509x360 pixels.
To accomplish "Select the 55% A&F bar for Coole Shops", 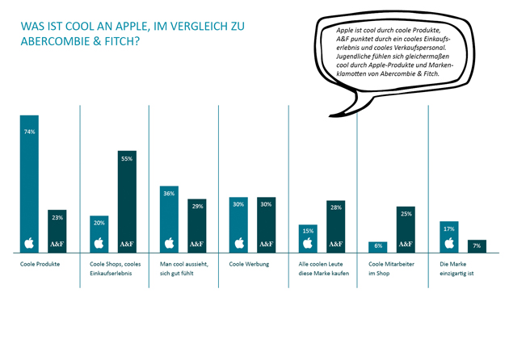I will point(126,202).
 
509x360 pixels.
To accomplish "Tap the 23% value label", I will point(57,217).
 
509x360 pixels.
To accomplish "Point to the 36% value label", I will point(169,194).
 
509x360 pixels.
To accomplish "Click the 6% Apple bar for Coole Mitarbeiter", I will point(377,246).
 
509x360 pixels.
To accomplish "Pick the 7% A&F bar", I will point(476,245).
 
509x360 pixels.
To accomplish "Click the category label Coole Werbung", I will point(250,264).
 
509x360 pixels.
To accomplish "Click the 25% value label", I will point(406,214).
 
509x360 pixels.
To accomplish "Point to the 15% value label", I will point(308,232).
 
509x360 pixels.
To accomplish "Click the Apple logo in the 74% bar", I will point(30,242).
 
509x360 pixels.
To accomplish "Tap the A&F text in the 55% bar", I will point(127,243).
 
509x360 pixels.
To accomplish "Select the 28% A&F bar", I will point(335,226).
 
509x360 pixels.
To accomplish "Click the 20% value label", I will point(99,222).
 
